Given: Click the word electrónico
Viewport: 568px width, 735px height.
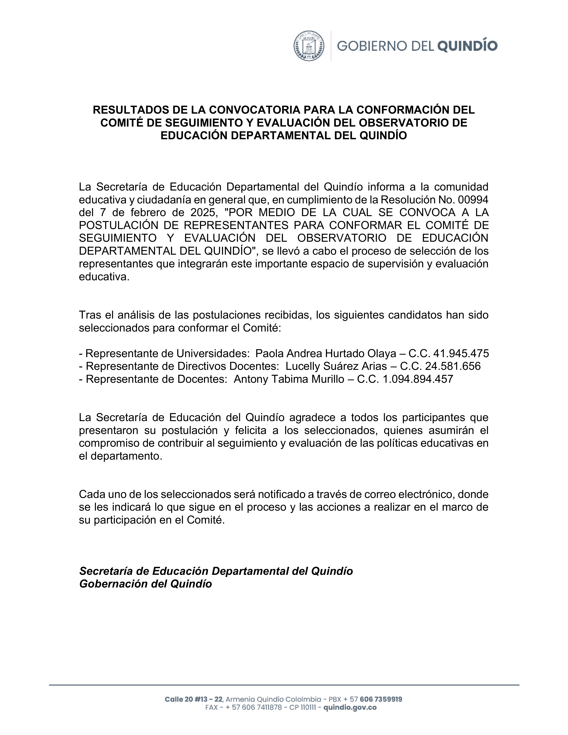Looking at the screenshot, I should click(x=426, y=494).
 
